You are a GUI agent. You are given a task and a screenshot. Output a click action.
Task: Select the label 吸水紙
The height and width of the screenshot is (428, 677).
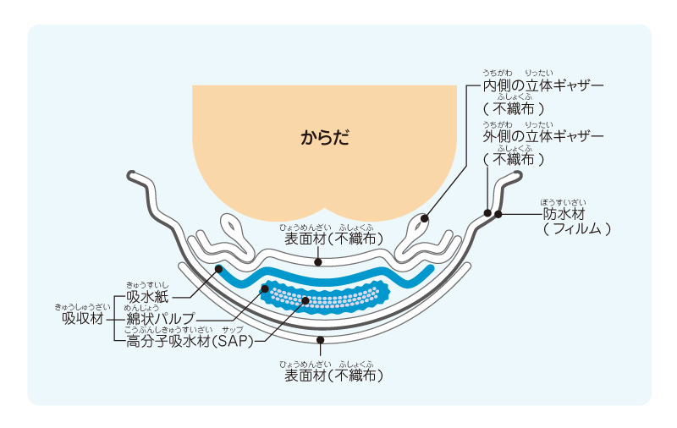coord(149,297)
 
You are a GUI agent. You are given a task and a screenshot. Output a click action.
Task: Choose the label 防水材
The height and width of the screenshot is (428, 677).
coord(564,214)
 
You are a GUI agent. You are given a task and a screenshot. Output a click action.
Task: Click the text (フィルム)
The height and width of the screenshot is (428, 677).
coord(576,229)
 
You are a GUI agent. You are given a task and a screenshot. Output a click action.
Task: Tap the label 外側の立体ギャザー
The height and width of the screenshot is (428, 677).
coord(542,136)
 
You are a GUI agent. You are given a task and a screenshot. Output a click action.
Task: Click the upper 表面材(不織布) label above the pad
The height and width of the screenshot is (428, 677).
coord(333,239)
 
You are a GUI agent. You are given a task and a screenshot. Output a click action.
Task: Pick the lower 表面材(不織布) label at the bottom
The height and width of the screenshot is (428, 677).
coord(333,374)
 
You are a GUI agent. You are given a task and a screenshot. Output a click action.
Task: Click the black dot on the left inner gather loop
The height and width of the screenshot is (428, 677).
coord(424,218)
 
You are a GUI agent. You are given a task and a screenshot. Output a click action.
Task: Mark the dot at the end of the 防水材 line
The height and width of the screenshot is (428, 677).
coord(498,214)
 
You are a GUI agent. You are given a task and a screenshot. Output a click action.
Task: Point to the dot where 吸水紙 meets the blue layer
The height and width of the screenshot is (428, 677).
coord(219,270)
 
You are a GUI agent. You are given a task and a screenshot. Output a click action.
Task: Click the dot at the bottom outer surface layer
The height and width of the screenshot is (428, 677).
coord(319,339)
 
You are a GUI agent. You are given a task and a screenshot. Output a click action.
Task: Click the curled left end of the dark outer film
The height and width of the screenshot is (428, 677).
coord(133,176)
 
